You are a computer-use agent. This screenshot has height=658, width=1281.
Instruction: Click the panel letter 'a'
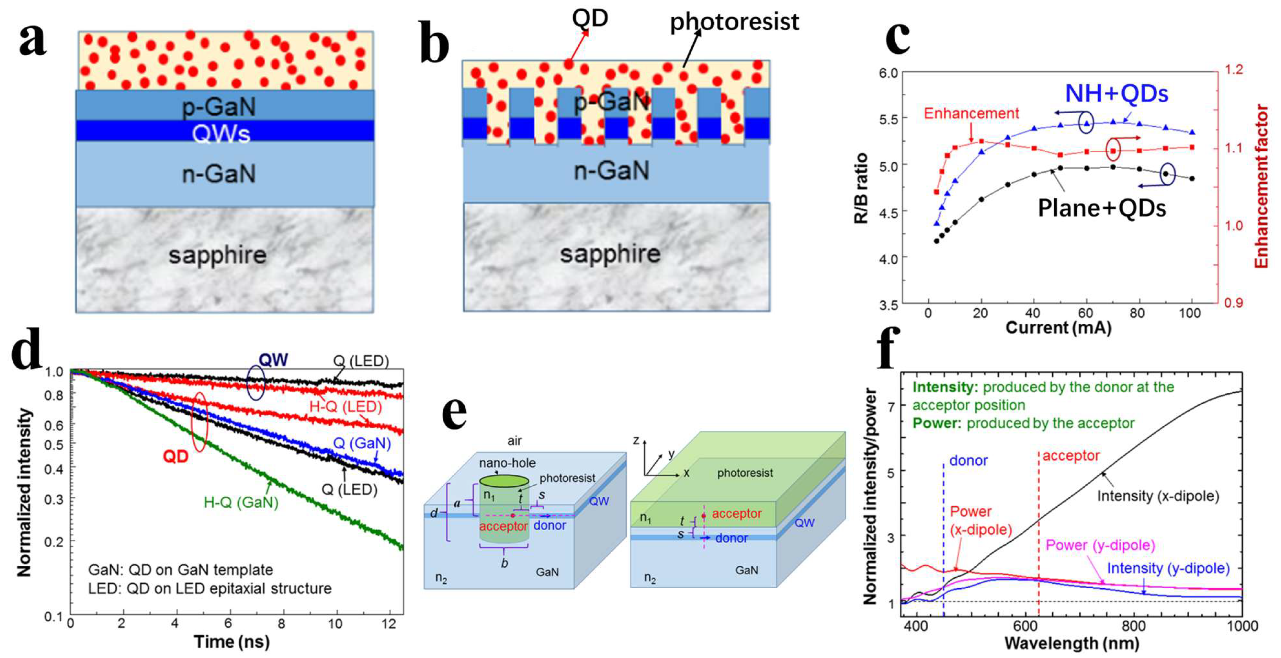click(33, 40)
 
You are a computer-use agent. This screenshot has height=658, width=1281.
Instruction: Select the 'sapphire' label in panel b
click(610, 254)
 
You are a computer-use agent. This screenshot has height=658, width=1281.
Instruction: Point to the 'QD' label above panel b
click(590, 19)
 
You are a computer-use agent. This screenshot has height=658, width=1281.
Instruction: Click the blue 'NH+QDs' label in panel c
click(1116, 93)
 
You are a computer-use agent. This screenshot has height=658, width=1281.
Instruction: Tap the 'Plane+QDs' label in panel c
click(1101, 208)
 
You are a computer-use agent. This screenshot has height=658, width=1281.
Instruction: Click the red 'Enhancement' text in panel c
click(971, 113)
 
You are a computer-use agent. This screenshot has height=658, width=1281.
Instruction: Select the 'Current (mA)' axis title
click(1058, 328)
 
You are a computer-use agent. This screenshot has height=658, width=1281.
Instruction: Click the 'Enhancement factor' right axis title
click(1262, 186)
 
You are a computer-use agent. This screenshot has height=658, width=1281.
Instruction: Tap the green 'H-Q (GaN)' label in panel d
click(241, 503)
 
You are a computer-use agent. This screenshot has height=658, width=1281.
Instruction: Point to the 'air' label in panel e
click(514, 441)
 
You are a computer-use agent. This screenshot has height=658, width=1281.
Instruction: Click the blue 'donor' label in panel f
click(968, 461)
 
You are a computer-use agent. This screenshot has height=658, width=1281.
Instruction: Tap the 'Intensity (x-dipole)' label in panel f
click(1158, 496)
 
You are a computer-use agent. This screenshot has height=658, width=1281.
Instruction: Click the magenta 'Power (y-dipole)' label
click(1100, 545)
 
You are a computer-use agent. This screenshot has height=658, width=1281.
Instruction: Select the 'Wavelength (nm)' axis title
click(1072, 643)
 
